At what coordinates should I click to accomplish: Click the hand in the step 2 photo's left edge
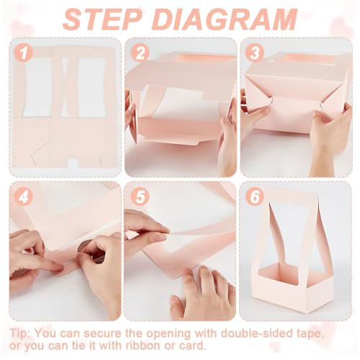[130, 108]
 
